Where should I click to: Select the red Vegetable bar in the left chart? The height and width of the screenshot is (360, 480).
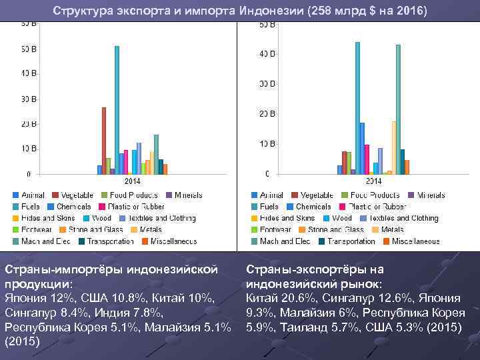[x=104, y=141]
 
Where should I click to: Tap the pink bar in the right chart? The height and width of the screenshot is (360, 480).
[x=367, y=159]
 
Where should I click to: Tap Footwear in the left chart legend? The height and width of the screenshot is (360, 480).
[x=39, y=229]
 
